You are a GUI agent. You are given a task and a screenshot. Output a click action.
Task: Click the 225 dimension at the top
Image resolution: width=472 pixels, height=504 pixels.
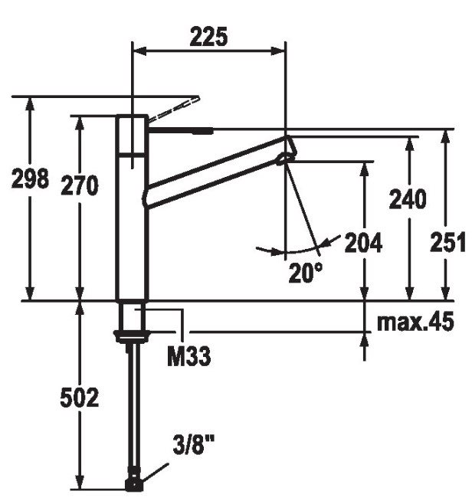click(x=208, y=37)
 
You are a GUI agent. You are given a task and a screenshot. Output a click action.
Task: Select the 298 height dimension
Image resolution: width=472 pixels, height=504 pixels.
click(x=30, y=178)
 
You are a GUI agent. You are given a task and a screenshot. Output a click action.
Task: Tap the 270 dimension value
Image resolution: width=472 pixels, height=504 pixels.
click(x=80, y=185)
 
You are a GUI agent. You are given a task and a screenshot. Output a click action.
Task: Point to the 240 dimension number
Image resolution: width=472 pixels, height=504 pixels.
click(x=408, y=199)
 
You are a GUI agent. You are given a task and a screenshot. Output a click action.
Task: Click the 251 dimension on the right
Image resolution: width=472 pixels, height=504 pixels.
click(x=448, y=242)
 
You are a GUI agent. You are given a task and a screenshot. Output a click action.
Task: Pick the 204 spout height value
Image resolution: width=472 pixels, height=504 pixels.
click(x=364, y=243)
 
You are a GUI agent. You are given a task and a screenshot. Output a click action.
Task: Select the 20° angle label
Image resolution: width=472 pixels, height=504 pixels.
click(x=306, y=273)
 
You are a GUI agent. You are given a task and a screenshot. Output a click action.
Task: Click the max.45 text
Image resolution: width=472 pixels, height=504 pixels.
click(x=415, y=322)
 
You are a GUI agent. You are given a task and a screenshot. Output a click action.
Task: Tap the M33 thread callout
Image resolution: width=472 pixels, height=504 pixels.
click(x=189, y=356)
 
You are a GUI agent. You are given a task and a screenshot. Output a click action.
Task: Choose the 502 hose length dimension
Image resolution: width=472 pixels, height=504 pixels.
click(x=80, y=398)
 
